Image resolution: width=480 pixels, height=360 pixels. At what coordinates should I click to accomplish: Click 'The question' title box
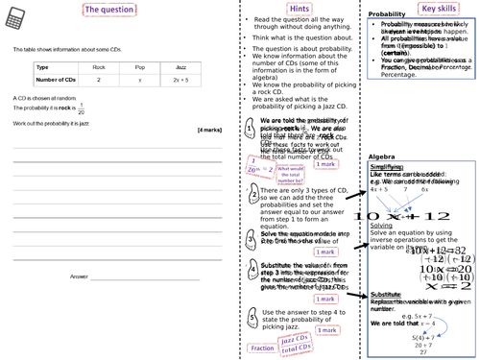click(x=109, y=10)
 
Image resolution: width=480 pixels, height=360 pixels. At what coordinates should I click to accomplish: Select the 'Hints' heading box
click(x=299, y=9)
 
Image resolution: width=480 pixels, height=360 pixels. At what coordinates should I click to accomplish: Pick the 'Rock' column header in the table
click(x=98, y=68)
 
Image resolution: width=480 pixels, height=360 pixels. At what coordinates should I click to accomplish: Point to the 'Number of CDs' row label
click(x=56, y=81)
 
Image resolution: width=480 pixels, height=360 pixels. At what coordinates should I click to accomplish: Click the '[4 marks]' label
click(x=209, y=130)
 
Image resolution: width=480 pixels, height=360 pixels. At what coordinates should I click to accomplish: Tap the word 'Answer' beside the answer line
click(x=79, y=276)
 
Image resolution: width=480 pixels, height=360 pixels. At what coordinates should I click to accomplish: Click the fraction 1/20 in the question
click(x=80, y=109)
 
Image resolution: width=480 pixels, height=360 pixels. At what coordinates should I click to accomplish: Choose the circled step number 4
click(x=252, y=273)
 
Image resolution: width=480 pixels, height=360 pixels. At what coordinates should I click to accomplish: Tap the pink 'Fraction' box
click(x=261, y=348)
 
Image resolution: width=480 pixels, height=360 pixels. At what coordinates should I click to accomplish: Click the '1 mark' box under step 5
click(x=327, y=330)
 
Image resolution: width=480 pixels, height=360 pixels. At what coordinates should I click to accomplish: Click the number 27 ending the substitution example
click(x=420, y=352)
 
